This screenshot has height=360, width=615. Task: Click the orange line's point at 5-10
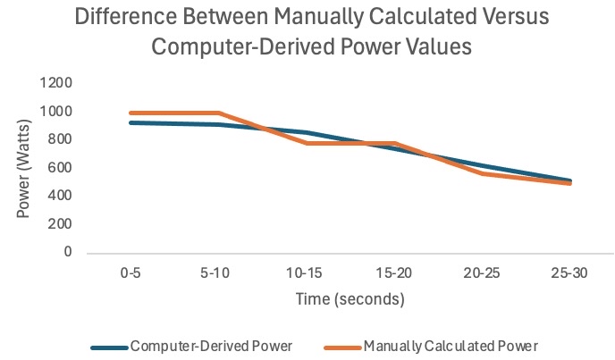(219, 113)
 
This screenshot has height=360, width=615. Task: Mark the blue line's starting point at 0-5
(131, 122)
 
